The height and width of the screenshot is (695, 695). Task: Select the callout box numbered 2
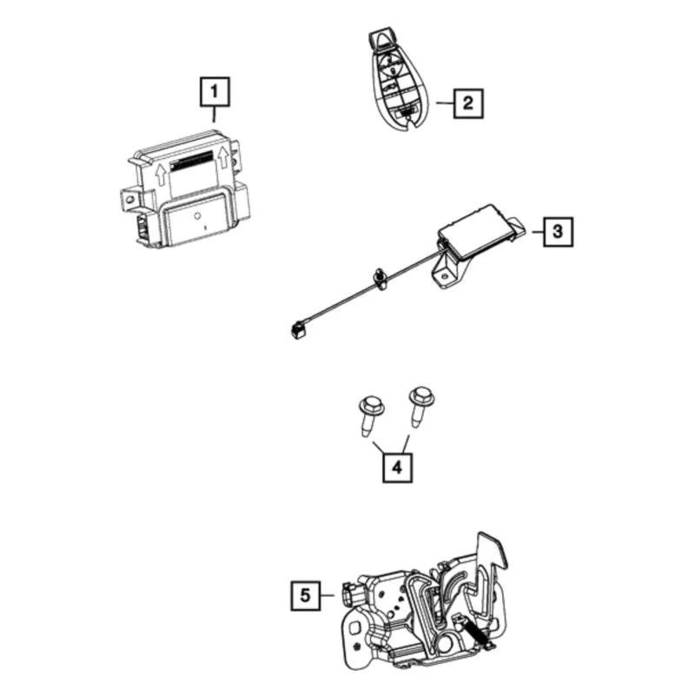[x=467, y=104]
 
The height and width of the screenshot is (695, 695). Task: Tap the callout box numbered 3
[x=559, y=232]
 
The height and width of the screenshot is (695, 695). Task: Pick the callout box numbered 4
[x=396, y=467]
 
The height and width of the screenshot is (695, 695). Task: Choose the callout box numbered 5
[x=304, y=595]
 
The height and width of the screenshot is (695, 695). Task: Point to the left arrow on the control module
[x=160, y=175]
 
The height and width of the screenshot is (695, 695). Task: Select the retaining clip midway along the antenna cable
[x=380, y=276]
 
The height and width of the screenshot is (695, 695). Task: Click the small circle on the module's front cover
[x=197, y=214]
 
